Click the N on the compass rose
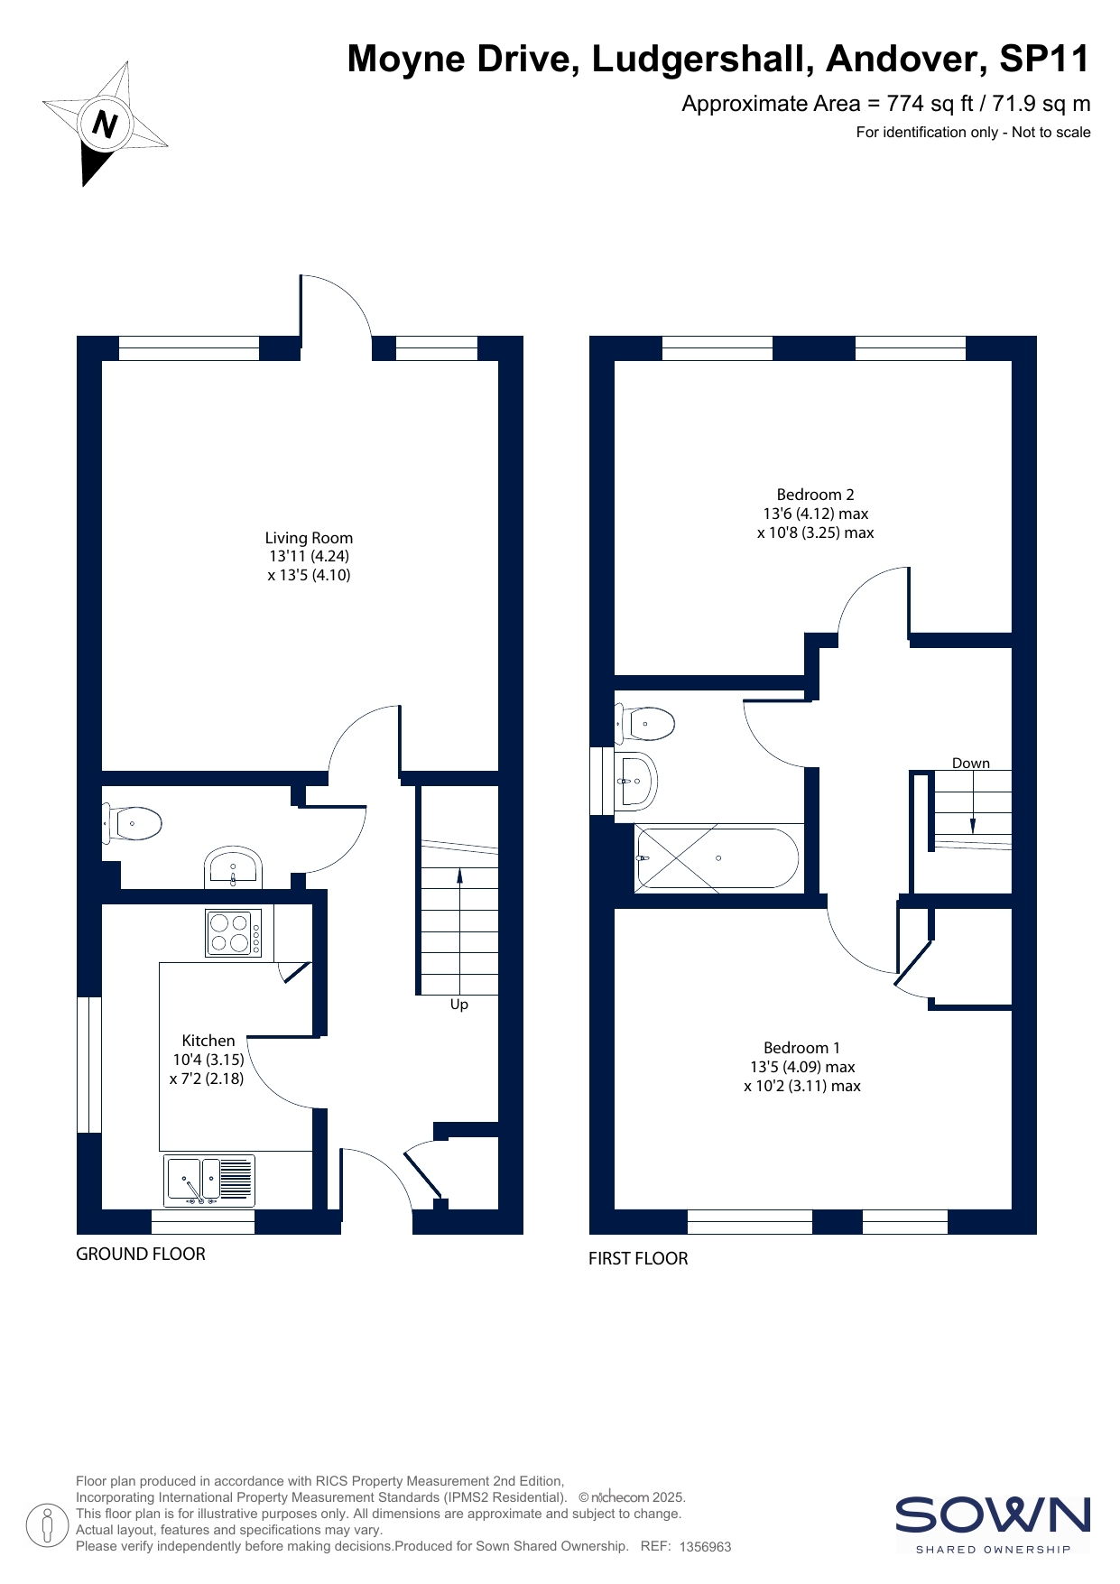tap(106, 124)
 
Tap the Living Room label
tap(309, 538)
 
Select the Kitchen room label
tap(208, 1041)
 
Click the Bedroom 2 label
tap(815, 495)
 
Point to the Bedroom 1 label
tap(801, 1048)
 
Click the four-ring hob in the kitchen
tap(234, 932)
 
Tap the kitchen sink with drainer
tap(209, 1181)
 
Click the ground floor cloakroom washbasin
tap(233, 868)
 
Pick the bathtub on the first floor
tap(717, 858)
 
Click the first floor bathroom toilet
tap(645, 723)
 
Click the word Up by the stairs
tap(459, 1005)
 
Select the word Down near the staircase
tap(971, 764)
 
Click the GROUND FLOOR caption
tap(141, 1254)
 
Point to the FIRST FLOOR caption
tap(638, 1258)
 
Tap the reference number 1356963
tap(705, 1547)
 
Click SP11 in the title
tap(1045, 59)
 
